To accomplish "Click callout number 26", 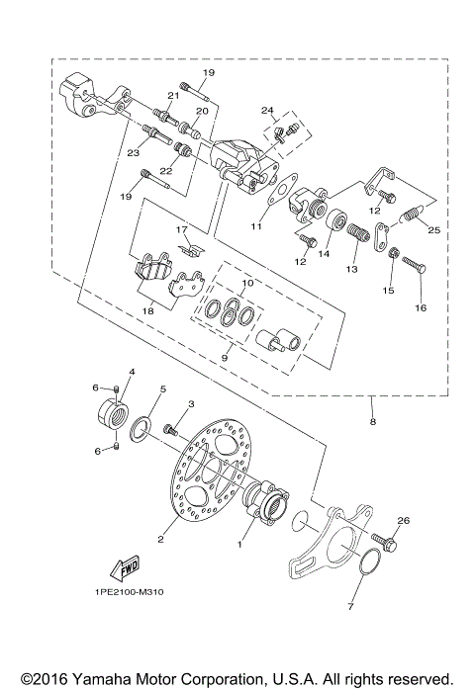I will click(403, 521).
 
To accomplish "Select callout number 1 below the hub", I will click(238, 544).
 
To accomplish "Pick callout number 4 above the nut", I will click(132, 372).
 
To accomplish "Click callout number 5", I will click(163, 389).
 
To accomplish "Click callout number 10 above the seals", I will click(248, 284).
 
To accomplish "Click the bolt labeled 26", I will click(387, 542).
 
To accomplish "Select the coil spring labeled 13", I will click(358, 238).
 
